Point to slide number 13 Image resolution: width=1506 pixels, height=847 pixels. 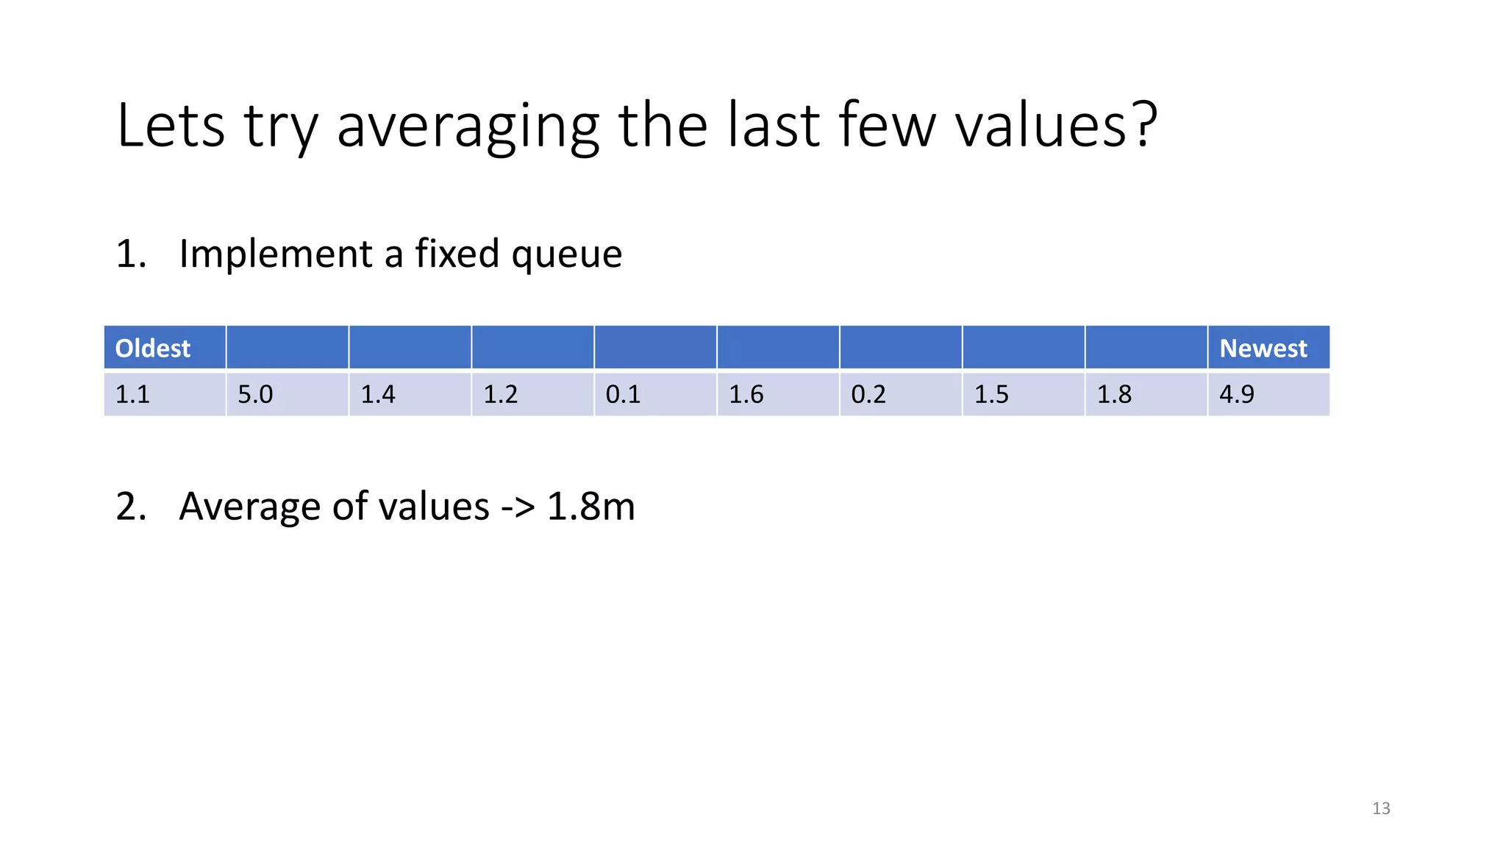click(x=1381, y=809)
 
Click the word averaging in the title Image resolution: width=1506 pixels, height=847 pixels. click(x=468, y=126)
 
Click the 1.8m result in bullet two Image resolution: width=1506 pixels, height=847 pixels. click(x=590, y=507)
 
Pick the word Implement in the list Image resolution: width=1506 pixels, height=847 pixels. click(x=276, y=255)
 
